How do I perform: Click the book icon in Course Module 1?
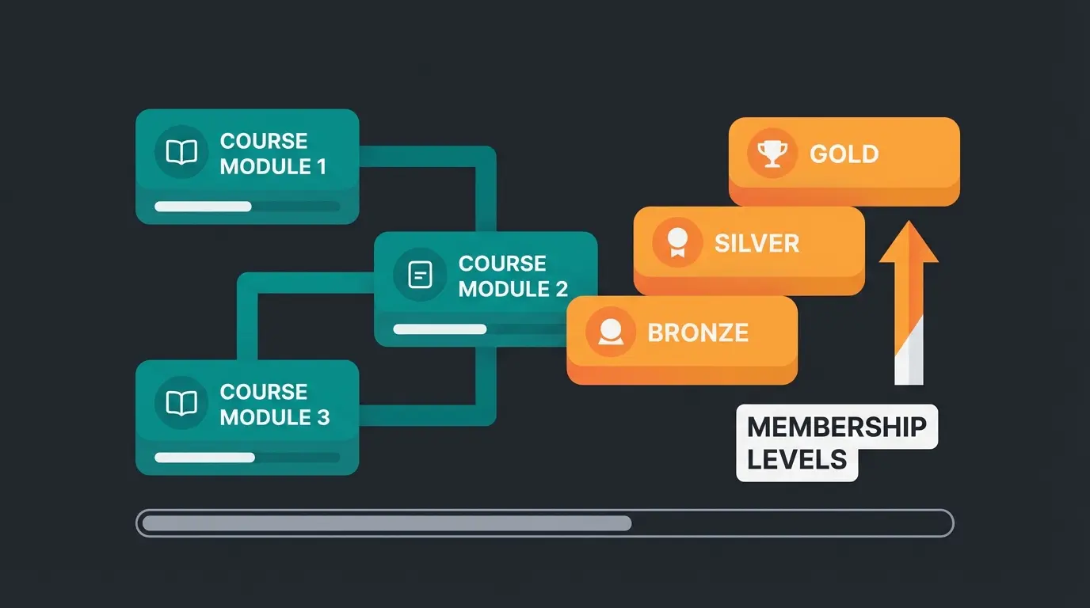[x=181, y=153]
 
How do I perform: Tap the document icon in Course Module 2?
[x=420, y=275]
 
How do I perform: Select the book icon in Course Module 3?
[x=181, y=404]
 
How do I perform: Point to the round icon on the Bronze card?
[x=610, y=332]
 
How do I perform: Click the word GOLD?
[x=844, y=154]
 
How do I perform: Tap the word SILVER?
[x=757, y=243]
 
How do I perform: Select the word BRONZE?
[x=698, y=332]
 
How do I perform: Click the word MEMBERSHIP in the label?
[x=837, y=427]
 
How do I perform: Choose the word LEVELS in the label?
[x=797, y=460]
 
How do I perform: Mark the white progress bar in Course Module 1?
[x=203, y=207]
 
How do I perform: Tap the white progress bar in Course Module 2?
[x=440, y=329]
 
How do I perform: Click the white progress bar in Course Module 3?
[x=204, y=458]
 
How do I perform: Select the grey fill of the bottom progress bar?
[x=386, y=523]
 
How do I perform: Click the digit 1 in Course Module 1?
[x=320, y=167]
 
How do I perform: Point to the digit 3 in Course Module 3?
[x=322, y=417]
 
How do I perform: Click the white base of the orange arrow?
[x=909, y=364]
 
